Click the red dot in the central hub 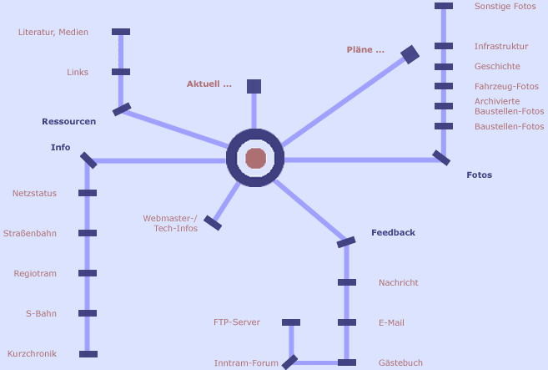click(255, 159)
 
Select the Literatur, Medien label click(53, 33)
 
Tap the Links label click(78, 73)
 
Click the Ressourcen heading click(68, 122)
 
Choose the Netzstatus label click(34, 194)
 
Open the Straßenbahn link click(30, 234)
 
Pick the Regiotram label click(35, 274)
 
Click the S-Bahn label click(41, 314)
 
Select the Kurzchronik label click(32, 354)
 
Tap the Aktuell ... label click(209, 84)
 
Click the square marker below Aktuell click(254, 86)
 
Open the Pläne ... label click(365, 50)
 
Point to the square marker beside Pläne click(410, 55)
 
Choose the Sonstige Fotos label click(505, 7)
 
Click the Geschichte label click(497, 67)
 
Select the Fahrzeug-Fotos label click(506, 87)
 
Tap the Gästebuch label click(400, 363)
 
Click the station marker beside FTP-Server click(291, 322)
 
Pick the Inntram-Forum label click(246, 363)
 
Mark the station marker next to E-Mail click(347, 322)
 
